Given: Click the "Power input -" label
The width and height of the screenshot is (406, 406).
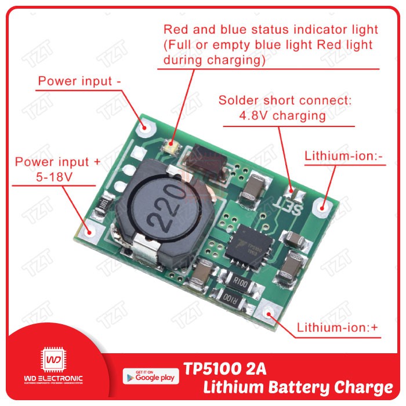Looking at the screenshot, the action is tap(79, 81).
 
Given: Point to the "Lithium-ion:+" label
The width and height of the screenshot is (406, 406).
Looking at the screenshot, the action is tap(338, 328).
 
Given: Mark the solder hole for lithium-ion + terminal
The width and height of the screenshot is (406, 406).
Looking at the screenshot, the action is tap(270, 314).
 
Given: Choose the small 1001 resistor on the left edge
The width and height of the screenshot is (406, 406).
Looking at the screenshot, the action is tap(103, 205).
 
